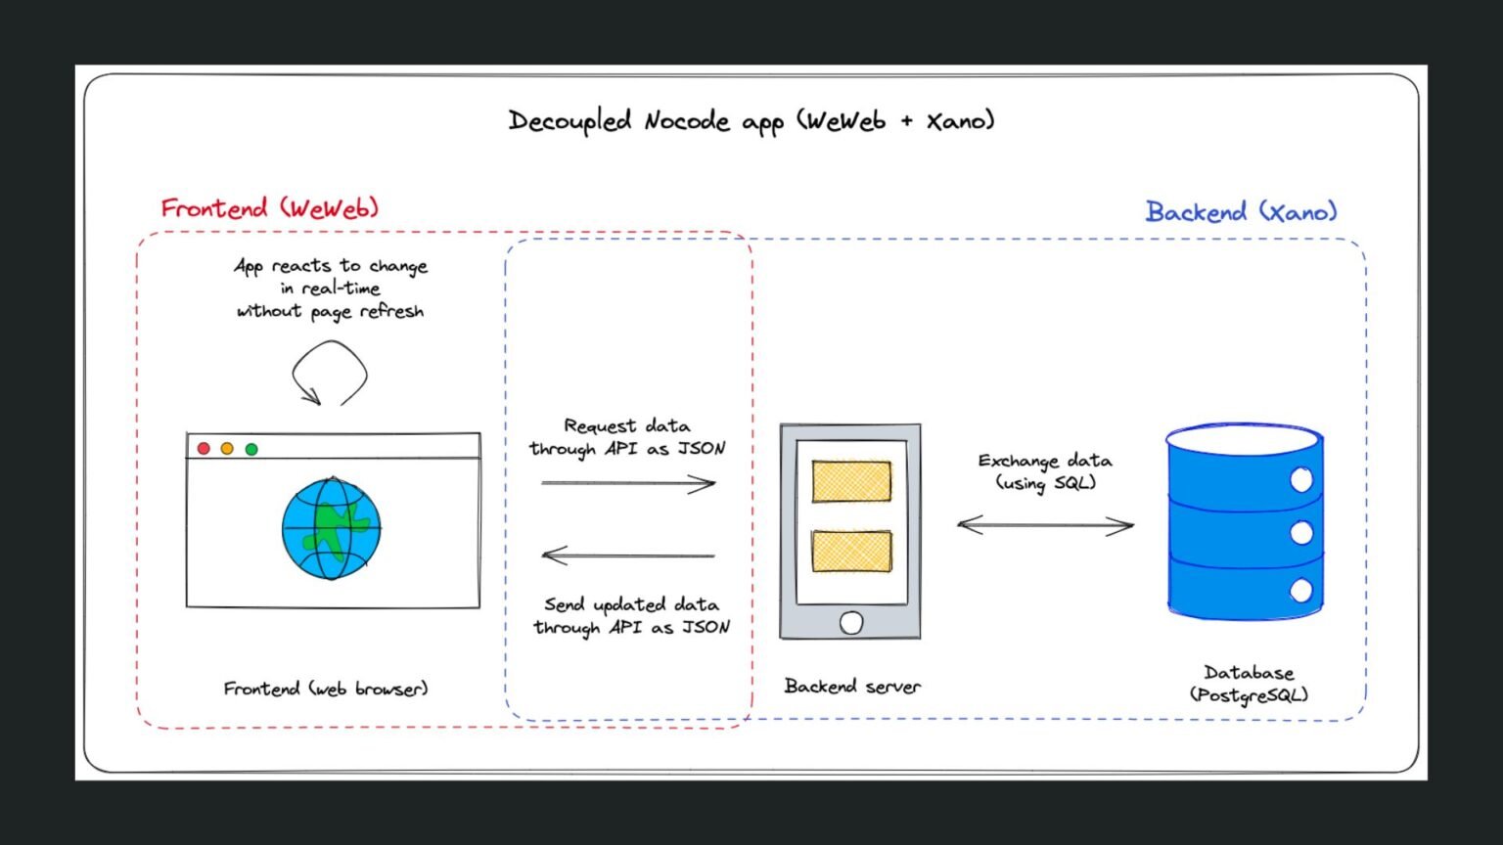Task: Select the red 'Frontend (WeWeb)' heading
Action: (x=269, y=208)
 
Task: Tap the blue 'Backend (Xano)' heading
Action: (x=1240, y=211)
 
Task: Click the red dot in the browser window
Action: (x=204, y=448)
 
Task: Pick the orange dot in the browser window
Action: (x=227, y=448)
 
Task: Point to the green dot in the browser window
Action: (x=251, y=449)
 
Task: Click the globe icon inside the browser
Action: (x=331, y=528)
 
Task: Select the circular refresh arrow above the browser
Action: (x=330, y=373)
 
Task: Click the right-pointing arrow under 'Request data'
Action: (x=628, y=482)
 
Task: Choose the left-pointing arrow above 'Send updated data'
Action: (x=628, y=556)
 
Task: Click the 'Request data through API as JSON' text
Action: (x=627, y=437)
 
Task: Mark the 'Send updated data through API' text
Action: (x=631, y=615)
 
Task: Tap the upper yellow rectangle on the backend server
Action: (x=851, y=481)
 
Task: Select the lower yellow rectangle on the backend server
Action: (x=851, y=551)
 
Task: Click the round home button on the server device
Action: (x=851, y=623)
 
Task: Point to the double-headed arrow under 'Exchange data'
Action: (x=1045, y=525)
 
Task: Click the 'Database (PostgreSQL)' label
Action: (x=1249, y=684)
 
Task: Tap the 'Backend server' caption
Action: (x=851, y=687)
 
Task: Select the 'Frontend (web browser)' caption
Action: (x=326, y=689)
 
